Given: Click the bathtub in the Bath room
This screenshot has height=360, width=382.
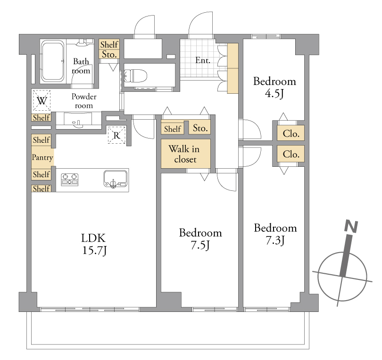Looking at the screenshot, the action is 52,61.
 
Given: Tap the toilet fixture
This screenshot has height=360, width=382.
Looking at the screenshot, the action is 136,76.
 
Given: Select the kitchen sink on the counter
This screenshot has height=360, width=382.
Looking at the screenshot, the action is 115,179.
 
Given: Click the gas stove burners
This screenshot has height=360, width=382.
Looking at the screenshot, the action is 69,180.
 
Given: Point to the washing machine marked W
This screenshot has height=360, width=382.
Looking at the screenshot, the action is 42,100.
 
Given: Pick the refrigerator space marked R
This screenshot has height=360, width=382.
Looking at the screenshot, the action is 116,135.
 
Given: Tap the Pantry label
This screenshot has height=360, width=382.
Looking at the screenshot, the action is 42,157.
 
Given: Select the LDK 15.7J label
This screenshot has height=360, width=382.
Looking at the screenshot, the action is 94,244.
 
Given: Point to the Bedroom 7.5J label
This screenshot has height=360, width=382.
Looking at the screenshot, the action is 200,239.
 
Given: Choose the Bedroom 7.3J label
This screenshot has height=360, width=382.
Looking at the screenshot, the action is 275,234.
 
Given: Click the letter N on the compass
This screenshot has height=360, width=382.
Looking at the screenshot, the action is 351,226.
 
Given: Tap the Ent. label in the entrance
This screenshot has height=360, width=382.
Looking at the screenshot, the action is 203,60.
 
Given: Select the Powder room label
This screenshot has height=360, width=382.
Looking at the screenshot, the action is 84,101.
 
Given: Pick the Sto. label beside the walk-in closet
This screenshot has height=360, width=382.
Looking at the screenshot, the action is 200,128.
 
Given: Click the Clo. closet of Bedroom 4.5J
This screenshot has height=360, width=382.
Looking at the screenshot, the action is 291,133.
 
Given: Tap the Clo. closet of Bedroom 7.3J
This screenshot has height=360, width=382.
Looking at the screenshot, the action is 291,154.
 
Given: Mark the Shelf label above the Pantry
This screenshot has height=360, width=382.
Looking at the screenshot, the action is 42,140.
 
